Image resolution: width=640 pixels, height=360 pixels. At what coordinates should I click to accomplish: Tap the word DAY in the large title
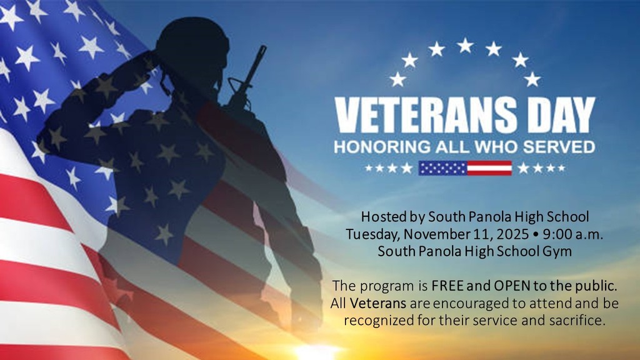point(556,116)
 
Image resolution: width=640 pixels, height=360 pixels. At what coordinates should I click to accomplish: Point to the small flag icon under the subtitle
point(465,167)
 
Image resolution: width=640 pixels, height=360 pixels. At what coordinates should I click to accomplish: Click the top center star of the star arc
point(464,45)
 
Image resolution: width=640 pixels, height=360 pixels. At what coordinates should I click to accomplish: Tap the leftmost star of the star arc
point(397,79)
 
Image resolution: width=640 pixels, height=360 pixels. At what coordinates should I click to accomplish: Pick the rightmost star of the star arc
point(532,79)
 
